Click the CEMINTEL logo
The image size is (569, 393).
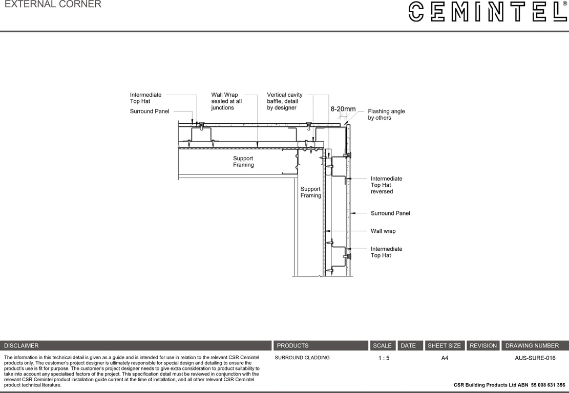488,11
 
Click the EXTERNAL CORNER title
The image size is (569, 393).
53,5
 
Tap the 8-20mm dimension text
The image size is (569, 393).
343,109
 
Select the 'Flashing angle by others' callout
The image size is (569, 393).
386,114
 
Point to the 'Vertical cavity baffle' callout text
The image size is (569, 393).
285,101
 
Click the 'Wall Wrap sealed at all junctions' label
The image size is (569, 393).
226,101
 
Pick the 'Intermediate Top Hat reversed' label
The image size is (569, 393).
386,185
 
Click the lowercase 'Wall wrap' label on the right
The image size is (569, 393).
383,231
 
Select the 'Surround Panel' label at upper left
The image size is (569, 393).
150,112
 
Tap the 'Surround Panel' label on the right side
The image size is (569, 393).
390,213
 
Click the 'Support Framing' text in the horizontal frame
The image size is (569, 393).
243,162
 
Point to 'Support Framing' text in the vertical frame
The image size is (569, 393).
311,192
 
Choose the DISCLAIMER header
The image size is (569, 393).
21,345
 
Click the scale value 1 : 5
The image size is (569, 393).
384,358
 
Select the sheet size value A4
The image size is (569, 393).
445,358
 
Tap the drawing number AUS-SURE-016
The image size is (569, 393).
535,358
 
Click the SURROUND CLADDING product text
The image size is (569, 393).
302,358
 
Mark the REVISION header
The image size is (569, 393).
483,345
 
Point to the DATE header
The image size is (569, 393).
408,345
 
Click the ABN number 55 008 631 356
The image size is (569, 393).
548,385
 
